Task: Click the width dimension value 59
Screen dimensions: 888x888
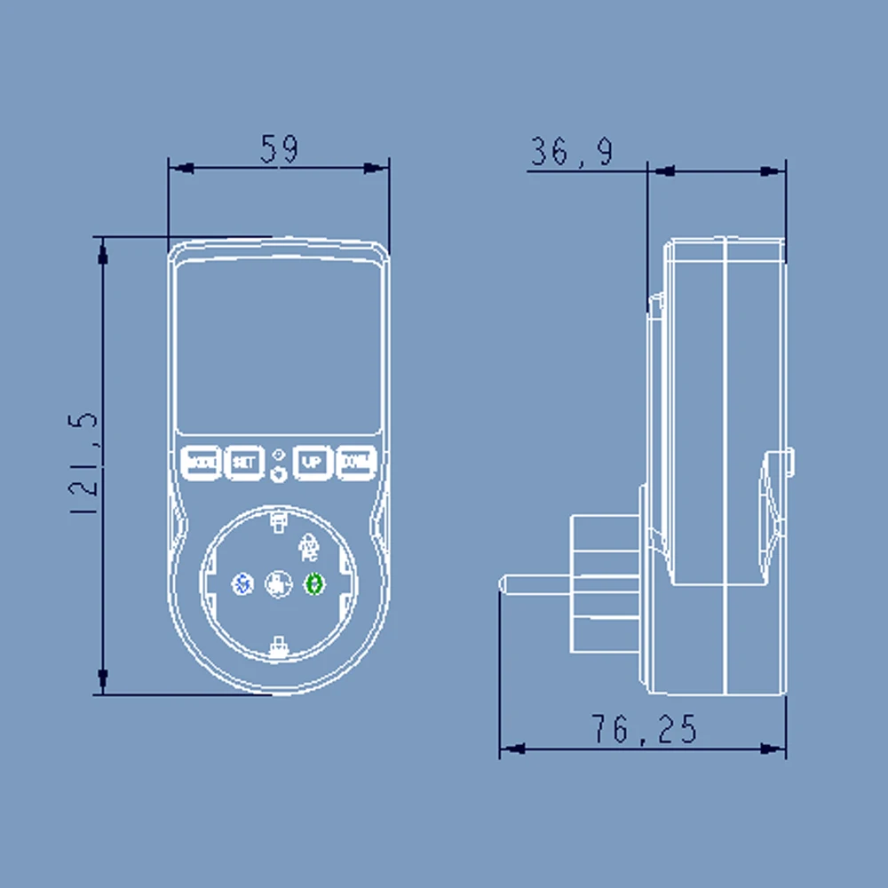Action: (x=279, y=148)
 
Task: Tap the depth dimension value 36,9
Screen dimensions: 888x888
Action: (x=571, y=153)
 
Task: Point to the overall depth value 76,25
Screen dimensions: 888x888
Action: (x=644, y=730)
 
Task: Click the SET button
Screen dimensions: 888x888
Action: (x=243, y=462)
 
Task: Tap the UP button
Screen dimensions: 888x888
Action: (x=312, y=462)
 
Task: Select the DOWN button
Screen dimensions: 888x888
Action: (x=357, y=462)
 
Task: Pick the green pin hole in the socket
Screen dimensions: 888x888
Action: (x=314, y=583)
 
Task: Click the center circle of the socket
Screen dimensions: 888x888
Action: (x=278, y=583)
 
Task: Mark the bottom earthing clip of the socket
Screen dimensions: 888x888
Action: (x=278, y=646)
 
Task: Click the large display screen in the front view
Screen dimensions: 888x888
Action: (x=278, y=346)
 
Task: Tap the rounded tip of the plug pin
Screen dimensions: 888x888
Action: (x=504, y=584)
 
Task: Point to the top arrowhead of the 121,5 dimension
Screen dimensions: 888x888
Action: (x=103, y=251)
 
